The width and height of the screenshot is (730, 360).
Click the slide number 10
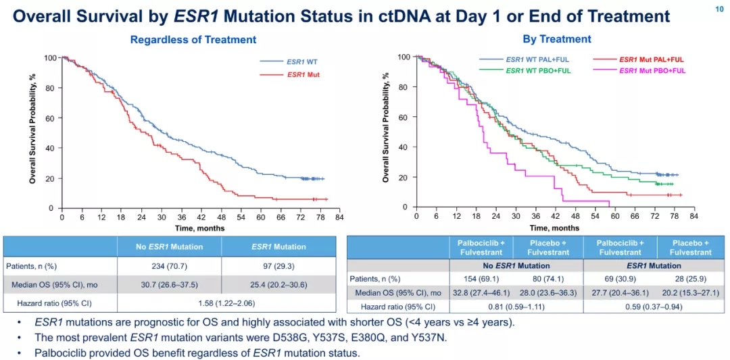[719, 8]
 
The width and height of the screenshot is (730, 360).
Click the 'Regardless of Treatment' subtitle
[193, 40]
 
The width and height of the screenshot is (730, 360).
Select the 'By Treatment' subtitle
[556, 39]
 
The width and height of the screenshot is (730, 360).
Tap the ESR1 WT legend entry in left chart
[302, 61]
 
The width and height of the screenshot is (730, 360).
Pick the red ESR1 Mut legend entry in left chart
[303, 74]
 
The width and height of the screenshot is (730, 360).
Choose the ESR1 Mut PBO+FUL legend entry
[652, 70]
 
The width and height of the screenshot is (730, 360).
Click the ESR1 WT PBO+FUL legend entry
[538, 70]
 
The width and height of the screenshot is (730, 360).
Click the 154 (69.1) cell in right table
[481, 278]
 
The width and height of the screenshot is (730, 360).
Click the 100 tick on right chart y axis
[404, 57]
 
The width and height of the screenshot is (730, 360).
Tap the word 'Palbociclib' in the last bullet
[61, 352]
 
